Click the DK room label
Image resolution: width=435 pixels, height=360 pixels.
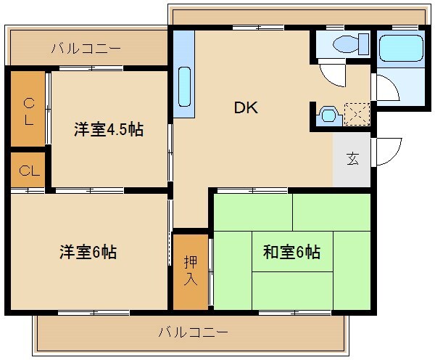[x=246, y=107]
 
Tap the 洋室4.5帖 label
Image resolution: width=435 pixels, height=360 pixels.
[x=108, y=130]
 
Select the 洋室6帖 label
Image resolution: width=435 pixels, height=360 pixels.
[x=88, y=253]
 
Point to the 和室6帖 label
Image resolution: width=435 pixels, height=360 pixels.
[x=291, y=253]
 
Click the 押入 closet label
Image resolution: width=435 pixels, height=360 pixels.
[x=189, y=270]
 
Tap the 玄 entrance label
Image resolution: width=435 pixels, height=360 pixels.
[x=352, y=159]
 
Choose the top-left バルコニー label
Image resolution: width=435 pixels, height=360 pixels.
[x=86, y=49]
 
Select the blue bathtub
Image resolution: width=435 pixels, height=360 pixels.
[x=401, y=49]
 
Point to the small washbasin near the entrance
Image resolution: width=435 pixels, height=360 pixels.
[x=328, y=115]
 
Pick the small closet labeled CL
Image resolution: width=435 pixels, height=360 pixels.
[x=28, y=171]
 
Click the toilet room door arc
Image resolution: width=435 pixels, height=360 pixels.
[x=332, y=73]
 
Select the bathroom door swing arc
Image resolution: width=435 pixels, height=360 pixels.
[x=387, y=89]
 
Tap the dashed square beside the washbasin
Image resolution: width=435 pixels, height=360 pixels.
[x=357, y=115]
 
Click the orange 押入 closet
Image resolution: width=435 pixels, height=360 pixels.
[x=189, y=270]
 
